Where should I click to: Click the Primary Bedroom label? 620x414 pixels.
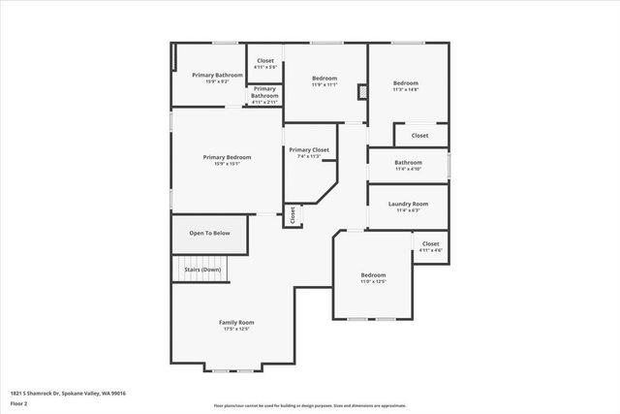point(227,157)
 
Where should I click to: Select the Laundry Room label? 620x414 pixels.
point(408,204)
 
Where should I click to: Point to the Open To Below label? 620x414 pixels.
point(209,233)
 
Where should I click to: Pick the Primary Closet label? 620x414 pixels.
point(309,150)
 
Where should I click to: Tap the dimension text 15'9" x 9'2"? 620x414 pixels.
point(217,81)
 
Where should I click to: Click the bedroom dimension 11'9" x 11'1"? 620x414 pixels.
point(325,84)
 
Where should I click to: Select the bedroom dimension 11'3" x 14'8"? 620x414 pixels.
point(406,90)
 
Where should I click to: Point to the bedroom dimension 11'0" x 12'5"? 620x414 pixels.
point(373,281)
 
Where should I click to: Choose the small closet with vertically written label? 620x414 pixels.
point(291,215)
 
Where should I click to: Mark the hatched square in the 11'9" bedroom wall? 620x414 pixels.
point(362,92)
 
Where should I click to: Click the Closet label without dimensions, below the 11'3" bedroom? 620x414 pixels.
point(419,136)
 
